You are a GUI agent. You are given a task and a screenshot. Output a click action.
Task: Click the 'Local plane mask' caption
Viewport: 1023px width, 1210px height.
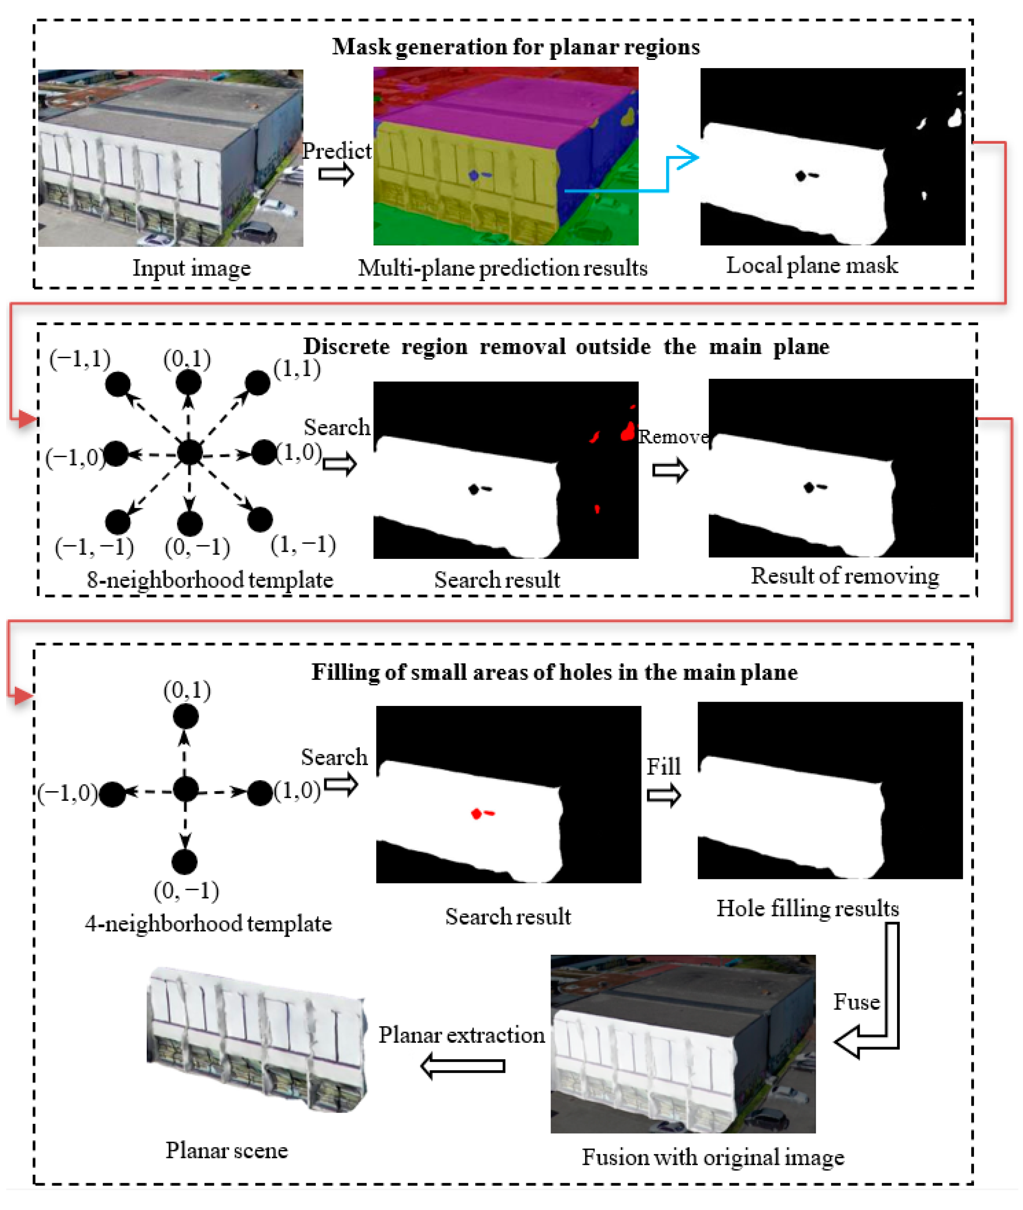click(812, 265)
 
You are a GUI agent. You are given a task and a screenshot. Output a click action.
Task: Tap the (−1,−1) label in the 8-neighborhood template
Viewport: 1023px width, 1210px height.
click(94, 547)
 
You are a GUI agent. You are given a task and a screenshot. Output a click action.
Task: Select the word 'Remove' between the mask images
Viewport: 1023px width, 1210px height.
click(673, 436)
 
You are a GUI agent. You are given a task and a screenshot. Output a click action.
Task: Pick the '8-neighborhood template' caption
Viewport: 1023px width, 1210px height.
click(210, 580)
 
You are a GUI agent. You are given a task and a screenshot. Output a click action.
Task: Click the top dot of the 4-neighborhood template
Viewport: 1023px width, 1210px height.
click(185, 717)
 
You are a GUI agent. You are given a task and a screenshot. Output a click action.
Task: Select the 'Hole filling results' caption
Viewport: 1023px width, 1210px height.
click(807, 908)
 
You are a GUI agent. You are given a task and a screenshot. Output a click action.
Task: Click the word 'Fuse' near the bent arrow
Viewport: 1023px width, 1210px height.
click(856, 1002)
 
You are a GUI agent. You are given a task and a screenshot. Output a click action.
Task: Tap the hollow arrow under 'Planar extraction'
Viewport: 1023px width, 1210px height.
click(463, 1066)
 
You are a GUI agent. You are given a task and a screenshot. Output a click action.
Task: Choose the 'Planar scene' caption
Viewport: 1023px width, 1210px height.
click(227, 1150)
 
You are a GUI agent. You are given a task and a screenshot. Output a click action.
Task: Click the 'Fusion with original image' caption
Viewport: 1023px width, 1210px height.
click(713, 1157)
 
